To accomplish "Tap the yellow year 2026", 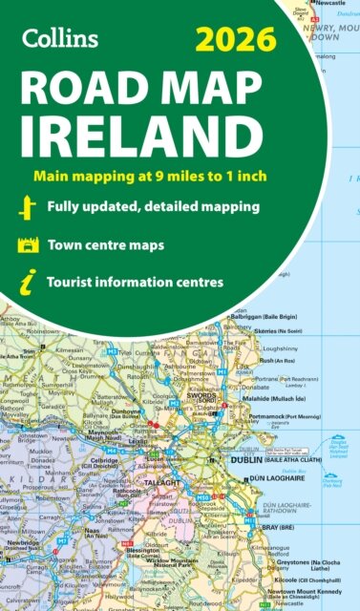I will [234, 41].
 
